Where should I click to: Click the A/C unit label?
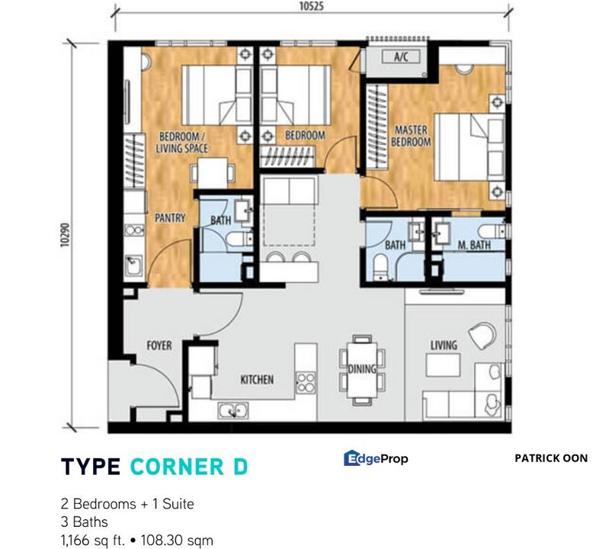(401, 56)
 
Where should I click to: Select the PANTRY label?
(170, 218)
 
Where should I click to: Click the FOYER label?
(159, 345)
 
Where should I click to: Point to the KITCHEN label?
(257, 379)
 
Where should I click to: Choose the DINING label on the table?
(362, 370)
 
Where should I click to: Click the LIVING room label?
(443, 345)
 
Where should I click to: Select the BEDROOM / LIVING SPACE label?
(183, 143)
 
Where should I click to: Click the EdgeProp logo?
(376, 458)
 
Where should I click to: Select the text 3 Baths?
(85, 522)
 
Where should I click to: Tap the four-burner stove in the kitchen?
(306, 379)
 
